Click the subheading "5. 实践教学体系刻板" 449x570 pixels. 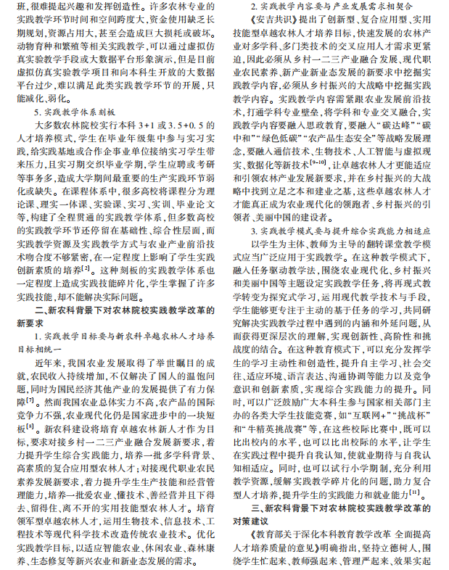[75, 112]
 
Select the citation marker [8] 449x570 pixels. [30, 428]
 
